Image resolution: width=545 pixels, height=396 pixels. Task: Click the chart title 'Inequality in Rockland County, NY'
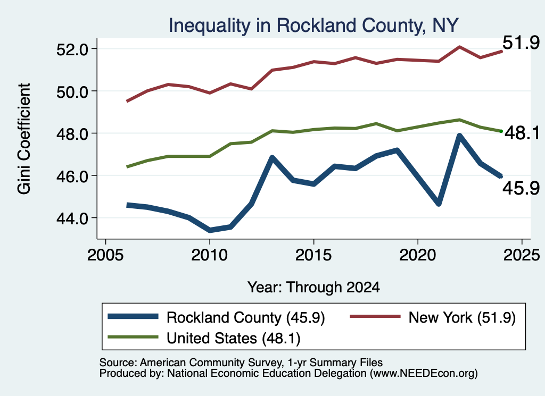[313, 26]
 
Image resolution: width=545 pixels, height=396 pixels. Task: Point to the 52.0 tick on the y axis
[72, 49]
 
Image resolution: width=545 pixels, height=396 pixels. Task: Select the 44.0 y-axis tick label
[72, 218]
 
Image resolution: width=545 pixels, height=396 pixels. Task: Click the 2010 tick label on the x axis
[209, 255]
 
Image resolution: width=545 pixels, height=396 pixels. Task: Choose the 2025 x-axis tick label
[522, 255]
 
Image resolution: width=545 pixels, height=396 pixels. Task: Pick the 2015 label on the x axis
[313, 255]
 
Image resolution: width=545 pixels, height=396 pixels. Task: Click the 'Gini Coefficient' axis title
[24, 139]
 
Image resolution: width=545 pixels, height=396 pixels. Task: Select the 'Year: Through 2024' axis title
[313, 288]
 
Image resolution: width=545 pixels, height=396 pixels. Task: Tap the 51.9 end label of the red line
[521, 43]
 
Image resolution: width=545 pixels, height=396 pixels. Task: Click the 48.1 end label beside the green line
[523, 133]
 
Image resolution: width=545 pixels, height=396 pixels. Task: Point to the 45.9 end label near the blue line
[521, 188]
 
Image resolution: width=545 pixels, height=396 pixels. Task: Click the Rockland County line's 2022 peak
[459, 136]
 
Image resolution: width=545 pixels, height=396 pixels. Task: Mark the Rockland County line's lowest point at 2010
[210, 230]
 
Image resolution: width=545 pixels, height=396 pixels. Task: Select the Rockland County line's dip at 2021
[439, 204]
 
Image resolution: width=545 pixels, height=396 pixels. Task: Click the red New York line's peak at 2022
[459, 46]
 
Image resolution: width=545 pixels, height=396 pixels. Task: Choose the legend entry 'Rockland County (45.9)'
[216, 317]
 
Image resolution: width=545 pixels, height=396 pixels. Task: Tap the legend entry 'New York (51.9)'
[432, 317]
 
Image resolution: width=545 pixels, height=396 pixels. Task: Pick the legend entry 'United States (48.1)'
[204, 338]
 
